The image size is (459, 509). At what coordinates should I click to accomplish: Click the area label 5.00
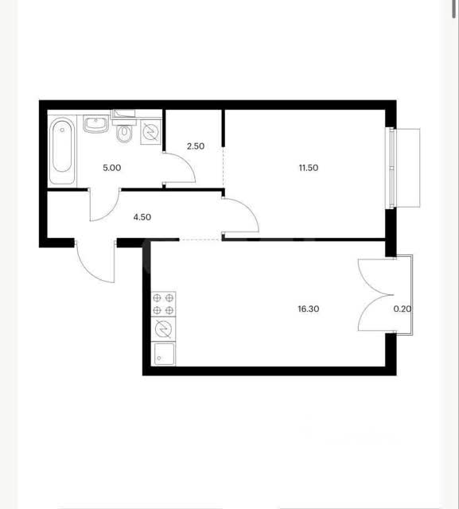click(x=112, y=168)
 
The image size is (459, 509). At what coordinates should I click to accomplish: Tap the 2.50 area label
click(x=196, y=146)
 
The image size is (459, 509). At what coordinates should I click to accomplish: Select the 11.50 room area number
click(x=309, y=168)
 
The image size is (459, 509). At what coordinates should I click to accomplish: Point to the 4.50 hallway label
click(x=142, y=217)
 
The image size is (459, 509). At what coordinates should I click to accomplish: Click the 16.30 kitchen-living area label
click(x=309, y=309)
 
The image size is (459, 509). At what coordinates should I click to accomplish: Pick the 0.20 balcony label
click(x=403, y=309)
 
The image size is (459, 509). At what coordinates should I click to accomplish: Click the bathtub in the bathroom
click(x=62, y=152)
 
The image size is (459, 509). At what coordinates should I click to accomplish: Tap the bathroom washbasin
click(x=95, y=124)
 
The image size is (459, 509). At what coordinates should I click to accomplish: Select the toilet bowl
click(x=124, y=134)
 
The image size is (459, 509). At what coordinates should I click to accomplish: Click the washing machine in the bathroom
click(x=151, y=132)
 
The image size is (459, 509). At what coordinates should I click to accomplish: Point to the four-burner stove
click(x=163, y=304)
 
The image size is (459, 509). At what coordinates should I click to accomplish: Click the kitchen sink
click(x=163, y=353)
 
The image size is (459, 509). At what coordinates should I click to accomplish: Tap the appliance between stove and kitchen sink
click(x=163, y=328)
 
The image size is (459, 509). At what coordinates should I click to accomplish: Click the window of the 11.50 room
click(x=392, y=168)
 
